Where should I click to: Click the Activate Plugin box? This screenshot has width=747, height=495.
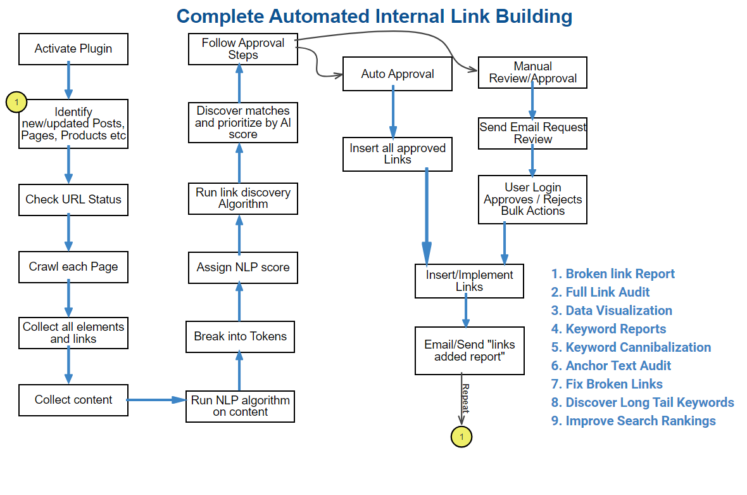(73, 49)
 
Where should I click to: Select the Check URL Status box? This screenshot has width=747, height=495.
(73, 199)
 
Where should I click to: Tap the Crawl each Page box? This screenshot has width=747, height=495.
(73, 266)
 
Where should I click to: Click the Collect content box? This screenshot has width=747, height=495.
(73, 399)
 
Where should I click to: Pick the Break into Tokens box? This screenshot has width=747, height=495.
(240, 337)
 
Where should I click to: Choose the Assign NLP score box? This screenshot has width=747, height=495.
(242, 267)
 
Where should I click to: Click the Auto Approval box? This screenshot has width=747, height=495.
(398, 74)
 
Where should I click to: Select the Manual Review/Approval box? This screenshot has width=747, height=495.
(532, 72)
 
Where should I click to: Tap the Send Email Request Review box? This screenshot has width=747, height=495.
(532, 133)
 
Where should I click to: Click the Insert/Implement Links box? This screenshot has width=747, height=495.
(469, 281)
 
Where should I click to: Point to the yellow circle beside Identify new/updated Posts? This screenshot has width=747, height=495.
(16, 101)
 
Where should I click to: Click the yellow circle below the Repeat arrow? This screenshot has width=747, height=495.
(461, 436)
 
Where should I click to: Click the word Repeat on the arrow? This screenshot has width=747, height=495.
(465, 398)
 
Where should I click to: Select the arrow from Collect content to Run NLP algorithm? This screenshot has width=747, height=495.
(156, 400)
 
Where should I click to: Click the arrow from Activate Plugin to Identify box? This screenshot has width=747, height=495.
(69, 81)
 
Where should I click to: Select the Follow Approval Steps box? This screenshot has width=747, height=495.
(242, 49)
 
